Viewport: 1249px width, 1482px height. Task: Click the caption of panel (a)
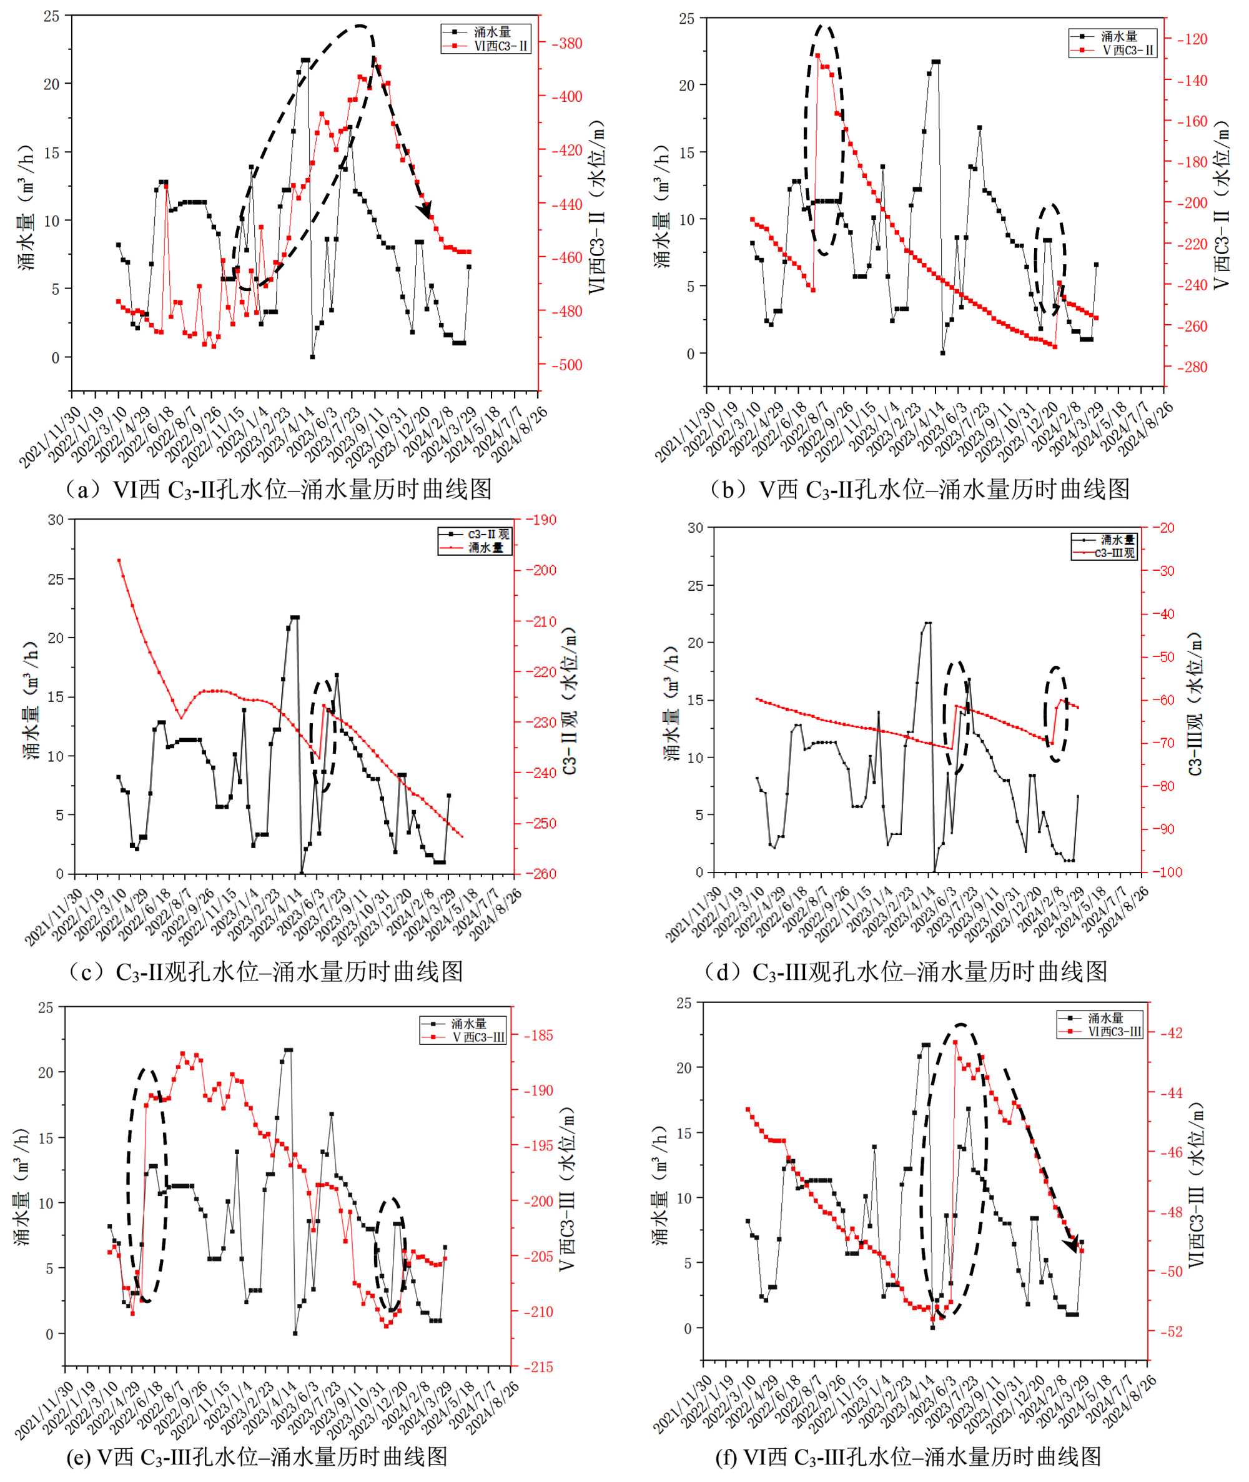(277, 488)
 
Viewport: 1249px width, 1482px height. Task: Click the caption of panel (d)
(905, 972)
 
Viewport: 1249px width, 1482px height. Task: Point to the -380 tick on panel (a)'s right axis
(566, 43)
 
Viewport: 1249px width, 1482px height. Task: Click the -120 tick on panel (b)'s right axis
(1192, 39)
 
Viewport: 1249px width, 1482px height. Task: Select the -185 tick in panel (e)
(538, 1035)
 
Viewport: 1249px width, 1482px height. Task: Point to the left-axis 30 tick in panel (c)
(55, 520)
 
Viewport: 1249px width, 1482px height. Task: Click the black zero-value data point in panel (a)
(312, 357)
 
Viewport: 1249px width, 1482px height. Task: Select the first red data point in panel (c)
(119, 560)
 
